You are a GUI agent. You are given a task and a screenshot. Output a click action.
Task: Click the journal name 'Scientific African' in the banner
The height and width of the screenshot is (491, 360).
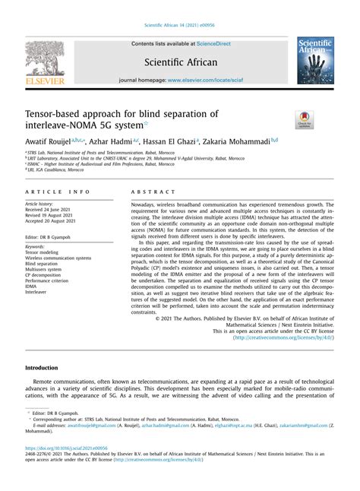tap(180, 62)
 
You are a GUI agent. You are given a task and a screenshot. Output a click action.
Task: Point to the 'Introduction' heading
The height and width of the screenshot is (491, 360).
tap(47, 367)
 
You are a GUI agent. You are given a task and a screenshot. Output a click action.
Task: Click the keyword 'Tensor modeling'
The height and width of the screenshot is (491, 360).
tap(45, 252)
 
